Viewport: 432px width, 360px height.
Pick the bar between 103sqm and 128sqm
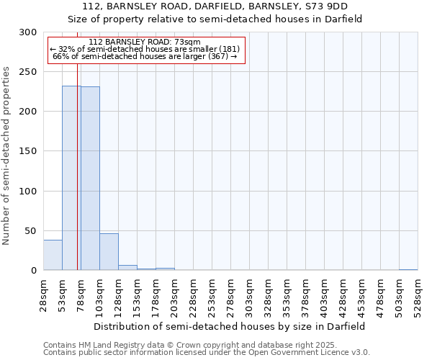(109, 252)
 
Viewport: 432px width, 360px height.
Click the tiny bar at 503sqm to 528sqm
(408, 269)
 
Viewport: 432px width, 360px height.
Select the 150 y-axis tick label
(29, 151)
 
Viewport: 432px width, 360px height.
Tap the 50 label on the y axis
(31, 230)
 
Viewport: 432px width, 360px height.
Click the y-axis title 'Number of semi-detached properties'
(7, 156)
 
